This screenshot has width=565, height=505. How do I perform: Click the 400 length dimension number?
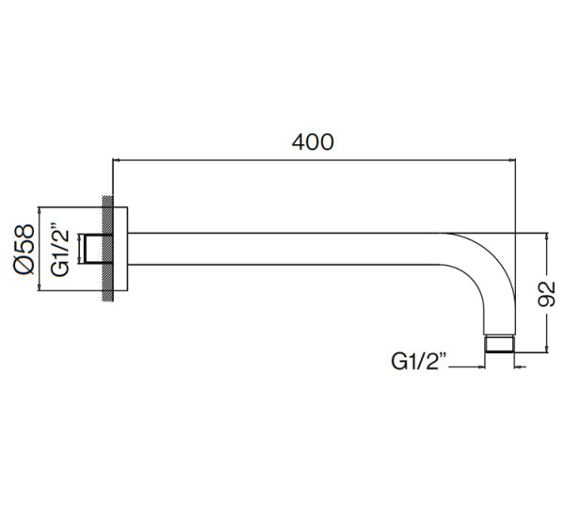[x=313, y=142]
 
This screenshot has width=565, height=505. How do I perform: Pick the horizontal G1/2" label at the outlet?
[x=418, y=359]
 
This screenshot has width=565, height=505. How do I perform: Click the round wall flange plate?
[x=121, y=249]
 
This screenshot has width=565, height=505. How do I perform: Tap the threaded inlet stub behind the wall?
[x=92, y=249]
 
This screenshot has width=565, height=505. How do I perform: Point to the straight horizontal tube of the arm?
[x=282, y=249]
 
